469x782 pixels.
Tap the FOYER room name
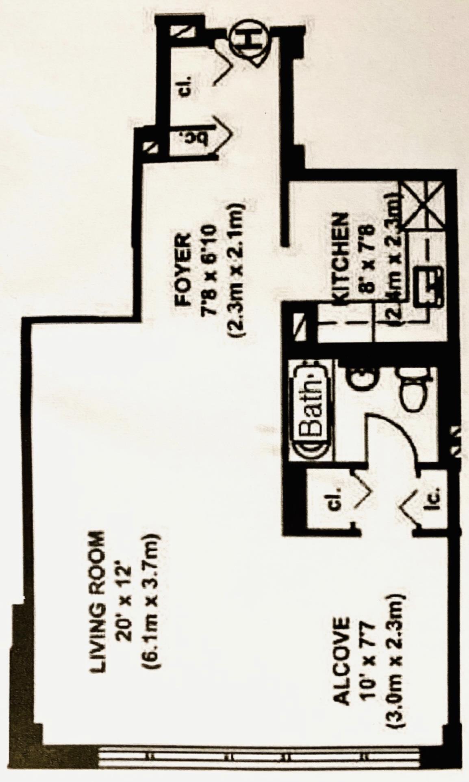(x=182, y=268)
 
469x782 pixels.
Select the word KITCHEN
(x=341, y=259)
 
